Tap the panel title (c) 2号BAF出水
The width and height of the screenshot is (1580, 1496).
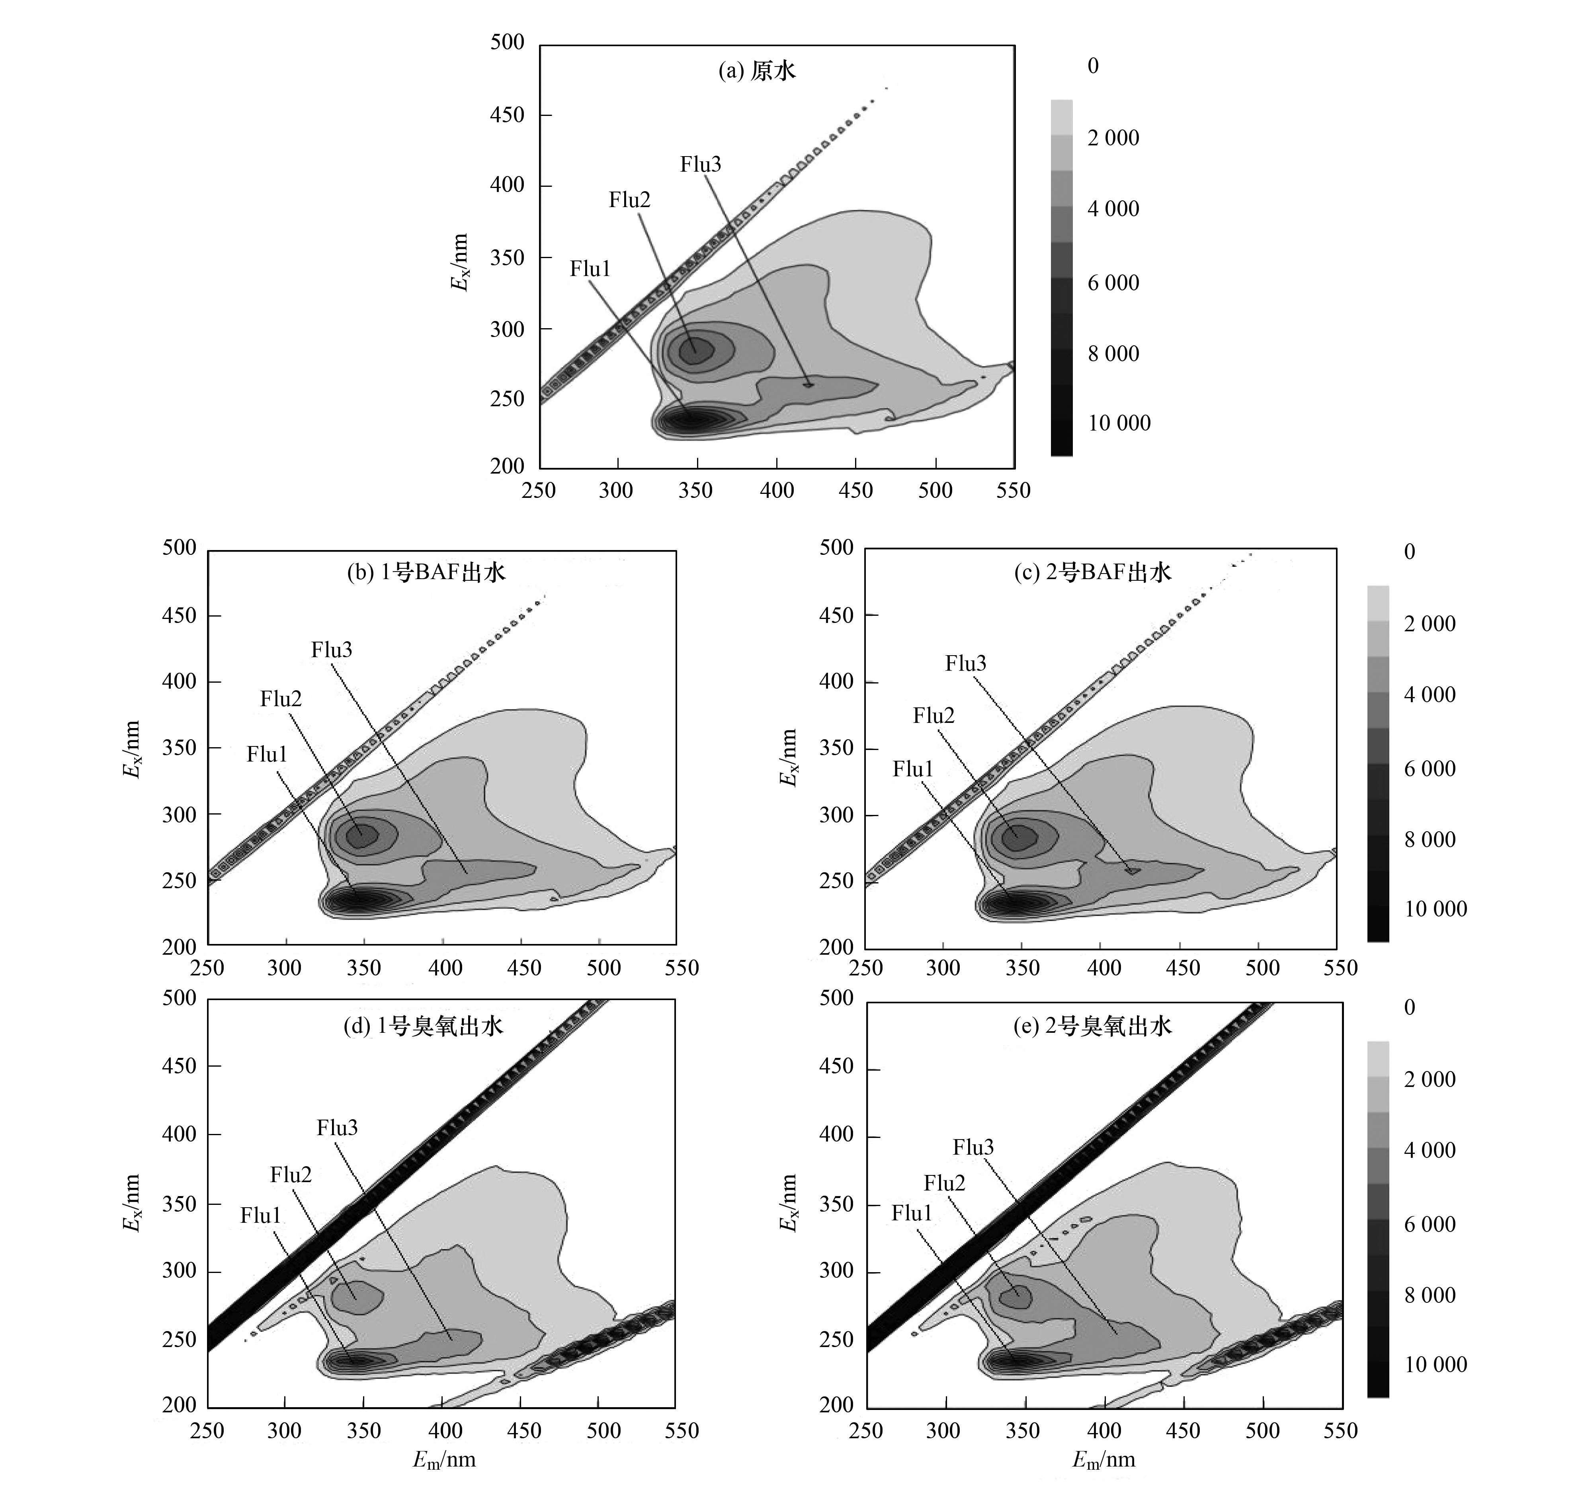pos(1092,573)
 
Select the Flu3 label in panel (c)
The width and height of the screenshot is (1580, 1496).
pos(965,664)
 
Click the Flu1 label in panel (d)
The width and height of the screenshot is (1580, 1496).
pos(261,1215)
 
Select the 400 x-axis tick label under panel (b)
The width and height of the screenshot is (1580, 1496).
pos(445,968)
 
